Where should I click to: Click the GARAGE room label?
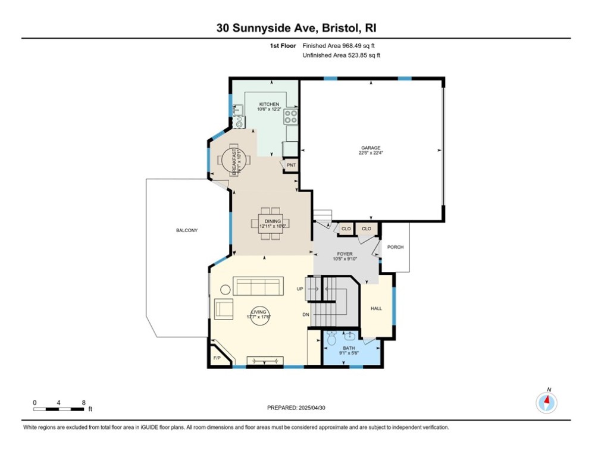click(370, 148)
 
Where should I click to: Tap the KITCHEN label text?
click(269, 104)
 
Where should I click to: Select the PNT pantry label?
click(291, 165)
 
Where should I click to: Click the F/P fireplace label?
click(217, 358)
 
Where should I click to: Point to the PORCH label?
click(396, 247)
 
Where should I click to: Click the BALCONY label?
click(186, 230)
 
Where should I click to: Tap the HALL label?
click(376, 308)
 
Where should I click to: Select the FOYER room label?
click(344, 254)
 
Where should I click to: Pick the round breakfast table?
click(231, 159)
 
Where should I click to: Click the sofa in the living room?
click(258, 286)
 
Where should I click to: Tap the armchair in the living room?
click(224, 309)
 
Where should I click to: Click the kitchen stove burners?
click(291, 116)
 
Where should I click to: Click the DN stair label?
click(306, 315)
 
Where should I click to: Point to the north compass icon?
click(546, 403)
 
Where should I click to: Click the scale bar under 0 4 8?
click(59, 409)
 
